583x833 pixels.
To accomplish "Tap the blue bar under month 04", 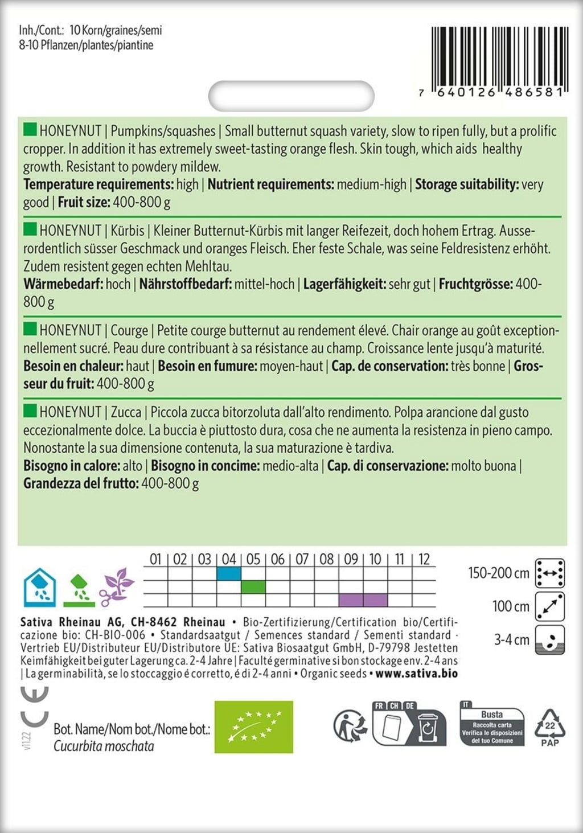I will (229, 573).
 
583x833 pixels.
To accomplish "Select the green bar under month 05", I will (253, 586).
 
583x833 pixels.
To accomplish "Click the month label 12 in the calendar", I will (424, 559).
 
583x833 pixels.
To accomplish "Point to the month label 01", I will (155, 559).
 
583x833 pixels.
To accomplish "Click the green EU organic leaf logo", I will (253, 727).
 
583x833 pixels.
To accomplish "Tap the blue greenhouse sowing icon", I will (39, 587).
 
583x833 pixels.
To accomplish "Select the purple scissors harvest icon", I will (116, 587).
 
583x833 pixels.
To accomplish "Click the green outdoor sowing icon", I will (79, 590).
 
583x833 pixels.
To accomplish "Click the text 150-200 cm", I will (499, 573).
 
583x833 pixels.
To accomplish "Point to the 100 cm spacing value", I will (511, 606).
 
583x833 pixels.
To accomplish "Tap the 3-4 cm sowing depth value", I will (511, 640).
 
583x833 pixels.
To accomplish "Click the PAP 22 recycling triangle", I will (549, 727).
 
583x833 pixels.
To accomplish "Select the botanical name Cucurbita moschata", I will (104, 746).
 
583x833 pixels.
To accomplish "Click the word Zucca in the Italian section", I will (126, 412).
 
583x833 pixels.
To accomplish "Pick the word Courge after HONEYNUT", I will (129, 330).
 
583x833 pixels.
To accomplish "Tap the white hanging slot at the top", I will (291, 96).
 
